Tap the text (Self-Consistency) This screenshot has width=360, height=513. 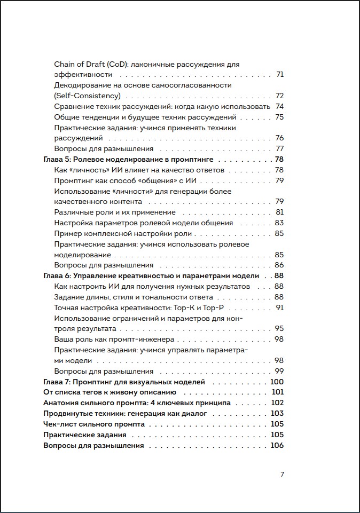pos(88,96)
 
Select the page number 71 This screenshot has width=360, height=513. pos(279,75)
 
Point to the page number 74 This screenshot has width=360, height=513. pos(279,106)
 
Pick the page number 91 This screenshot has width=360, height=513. pos(279,308)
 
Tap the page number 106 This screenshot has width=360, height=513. pos(277,446)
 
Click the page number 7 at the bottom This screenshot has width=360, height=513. pos(281,475)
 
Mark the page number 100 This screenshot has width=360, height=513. pos(277,382)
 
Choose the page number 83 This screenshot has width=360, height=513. pos(279,223)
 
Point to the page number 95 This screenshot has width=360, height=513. pos(279,329)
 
